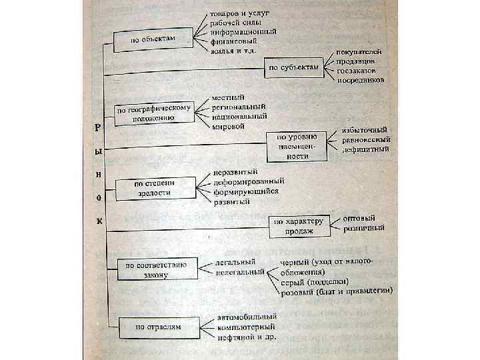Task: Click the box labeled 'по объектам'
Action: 153,39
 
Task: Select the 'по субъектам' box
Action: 294,67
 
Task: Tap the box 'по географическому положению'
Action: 154,111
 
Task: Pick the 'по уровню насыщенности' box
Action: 297,145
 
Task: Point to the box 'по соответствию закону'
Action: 157,269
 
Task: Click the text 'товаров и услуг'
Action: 239,14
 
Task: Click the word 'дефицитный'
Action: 365,150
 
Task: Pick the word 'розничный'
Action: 363,228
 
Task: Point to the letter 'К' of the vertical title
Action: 98,221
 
